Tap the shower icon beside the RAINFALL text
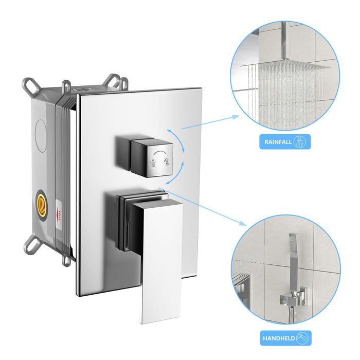tap(302, 142)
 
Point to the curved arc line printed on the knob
tap(160, 153)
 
